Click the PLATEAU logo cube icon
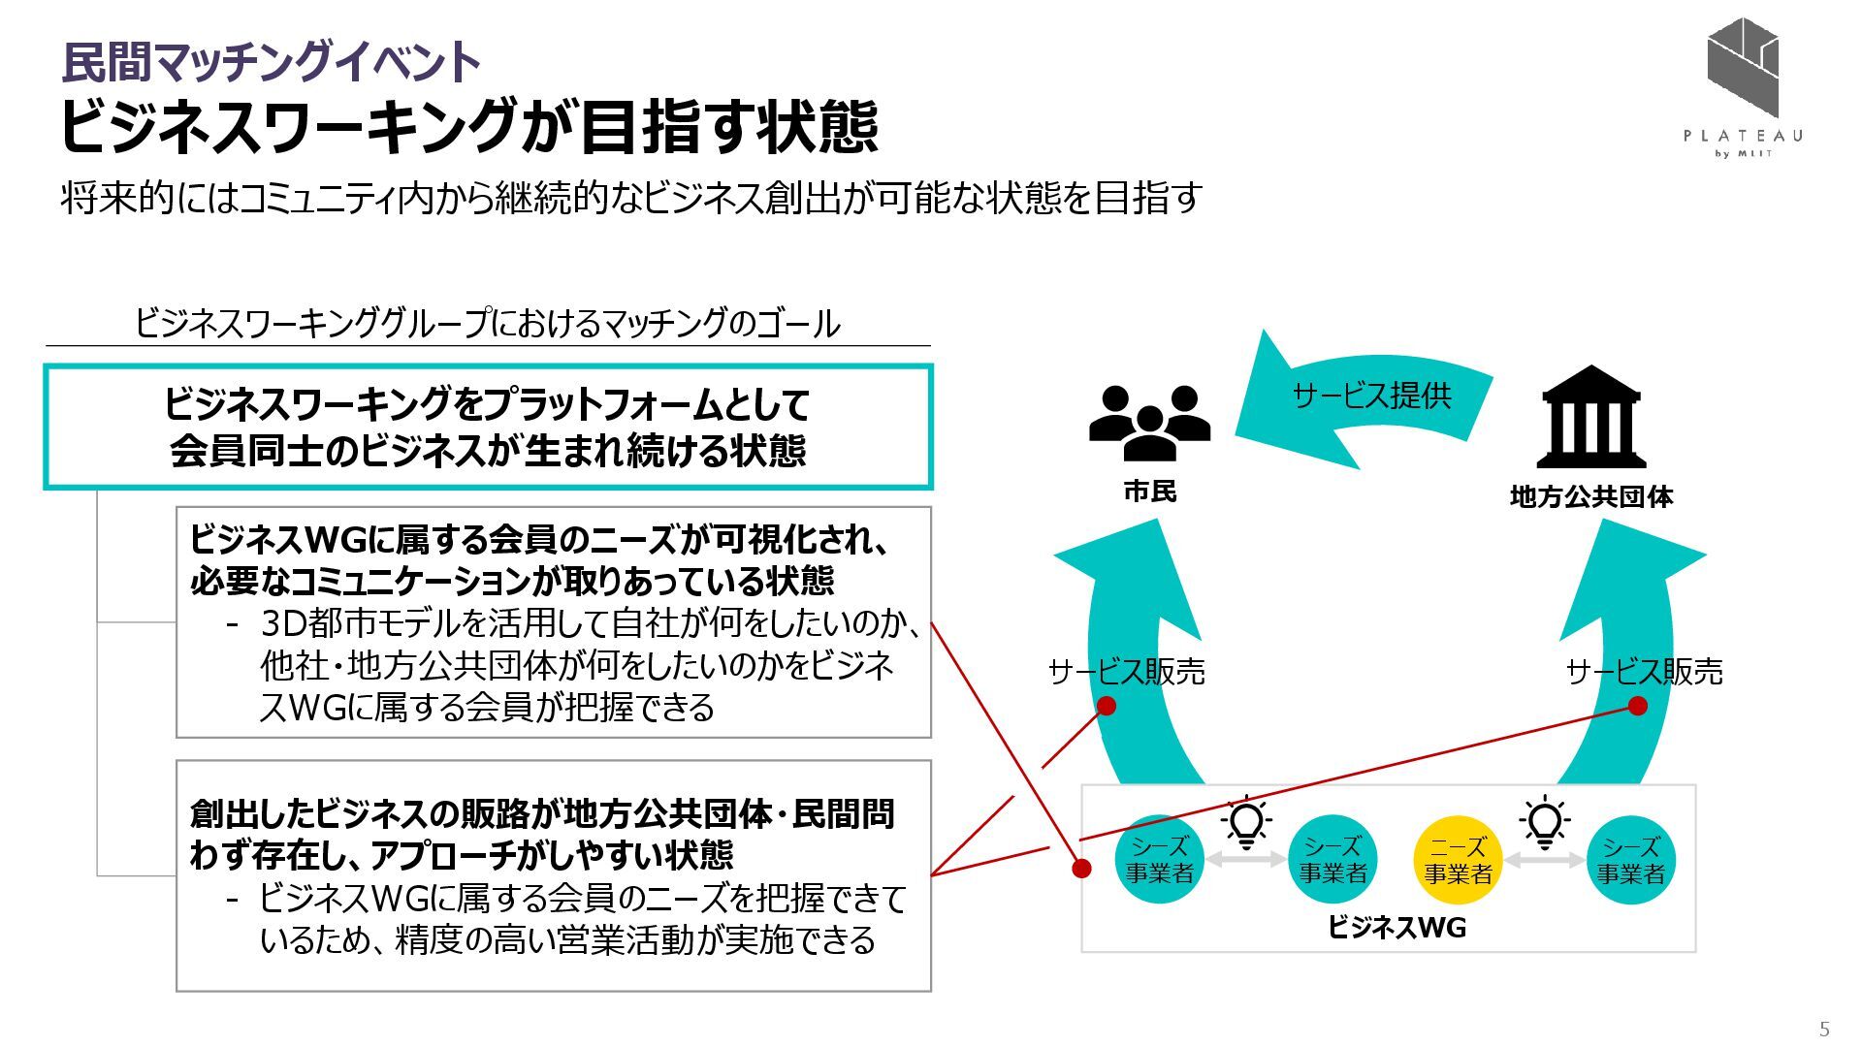point(1743,66)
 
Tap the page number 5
point(1824,1029)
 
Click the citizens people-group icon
point(1149,423)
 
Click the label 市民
point(1149,492)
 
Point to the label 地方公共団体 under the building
point(1590,497)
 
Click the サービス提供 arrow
point(1369,397)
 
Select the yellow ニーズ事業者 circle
point(1458,860)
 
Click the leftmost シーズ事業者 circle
point(1159,860)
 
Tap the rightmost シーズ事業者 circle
point(1631,860)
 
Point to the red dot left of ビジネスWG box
point(1080,868)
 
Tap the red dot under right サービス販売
point(1637,706)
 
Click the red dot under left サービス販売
point(1106,706)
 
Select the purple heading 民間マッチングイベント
point(272,62)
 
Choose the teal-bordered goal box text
point(487,427)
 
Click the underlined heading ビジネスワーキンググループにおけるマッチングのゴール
point(487,324)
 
